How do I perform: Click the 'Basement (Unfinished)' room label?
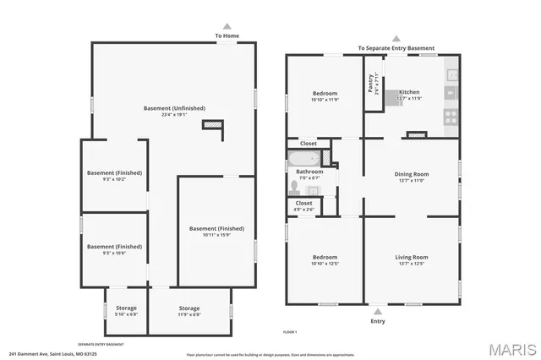coord(173,109)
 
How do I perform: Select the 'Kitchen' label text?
coord(409,92)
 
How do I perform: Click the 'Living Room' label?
coord(412,257)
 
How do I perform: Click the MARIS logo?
coord(506,347)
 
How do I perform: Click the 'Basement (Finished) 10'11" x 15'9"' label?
coord(216,231)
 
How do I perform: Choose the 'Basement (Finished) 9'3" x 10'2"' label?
coord(114,176)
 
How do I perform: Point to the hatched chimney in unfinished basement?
coord(213,125)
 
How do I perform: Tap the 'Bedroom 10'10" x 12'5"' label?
coord(325,259)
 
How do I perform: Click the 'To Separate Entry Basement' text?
coord(396,48)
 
